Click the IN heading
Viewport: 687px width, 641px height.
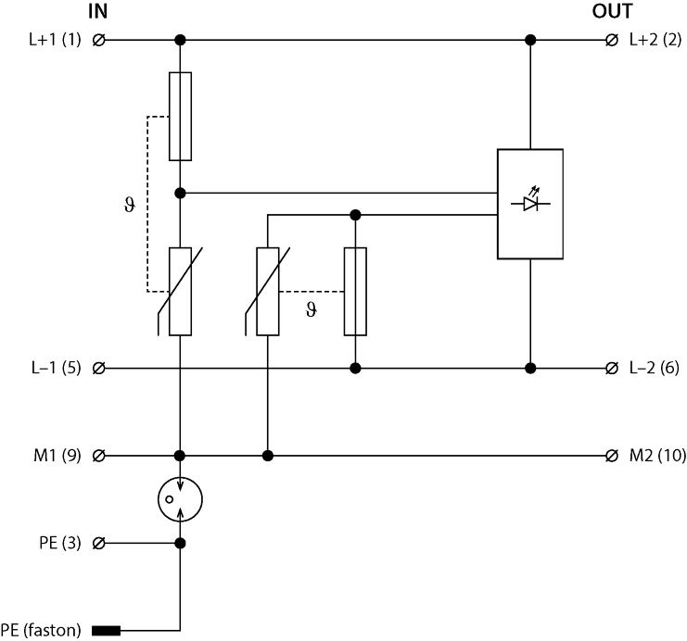[97, 12]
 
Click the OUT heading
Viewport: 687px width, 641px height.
[612, 12]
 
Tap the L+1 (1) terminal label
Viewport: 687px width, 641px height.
[56, 40]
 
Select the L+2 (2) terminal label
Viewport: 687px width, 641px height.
[655, 40]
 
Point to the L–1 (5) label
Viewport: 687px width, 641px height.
[56, 368]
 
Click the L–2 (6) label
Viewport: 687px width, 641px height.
[655, 368]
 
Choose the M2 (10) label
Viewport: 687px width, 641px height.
[657, 455]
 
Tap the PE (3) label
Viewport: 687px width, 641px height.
[61, 543]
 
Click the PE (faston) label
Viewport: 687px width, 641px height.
[42, 632]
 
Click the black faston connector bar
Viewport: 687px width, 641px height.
[106, 632]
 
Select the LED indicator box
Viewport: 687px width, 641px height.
[530, 204]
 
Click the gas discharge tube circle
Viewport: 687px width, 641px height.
[180, 499]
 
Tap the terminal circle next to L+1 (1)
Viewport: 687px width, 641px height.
[99, 40]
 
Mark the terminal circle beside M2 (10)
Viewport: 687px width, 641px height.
[611, 455]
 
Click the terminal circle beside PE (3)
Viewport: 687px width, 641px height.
[99, 543]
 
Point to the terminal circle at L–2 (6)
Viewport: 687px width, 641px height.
[611, 368]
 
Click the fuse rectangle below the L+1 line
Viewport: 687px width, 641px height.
[180, 116]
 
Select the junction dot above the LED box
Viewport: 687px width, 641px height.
[530, 40]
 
